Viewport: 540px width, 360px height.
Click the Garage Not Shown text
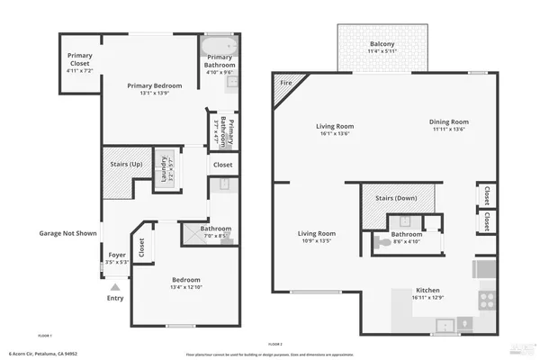(67, 233)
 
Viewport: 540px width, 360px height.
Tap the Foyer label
(117, 255)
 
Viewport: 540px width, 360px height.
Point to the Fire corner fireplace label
(287, 83)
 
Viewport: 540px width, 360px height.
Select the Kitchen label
(427, 290)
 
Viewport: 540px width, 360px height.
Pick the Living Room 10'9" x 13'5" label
(317, 237)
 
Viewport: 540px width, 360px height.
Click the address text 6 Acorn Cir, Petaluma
(43, 354)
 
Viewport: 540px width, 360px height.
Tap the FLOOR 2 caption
(275, 344)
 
